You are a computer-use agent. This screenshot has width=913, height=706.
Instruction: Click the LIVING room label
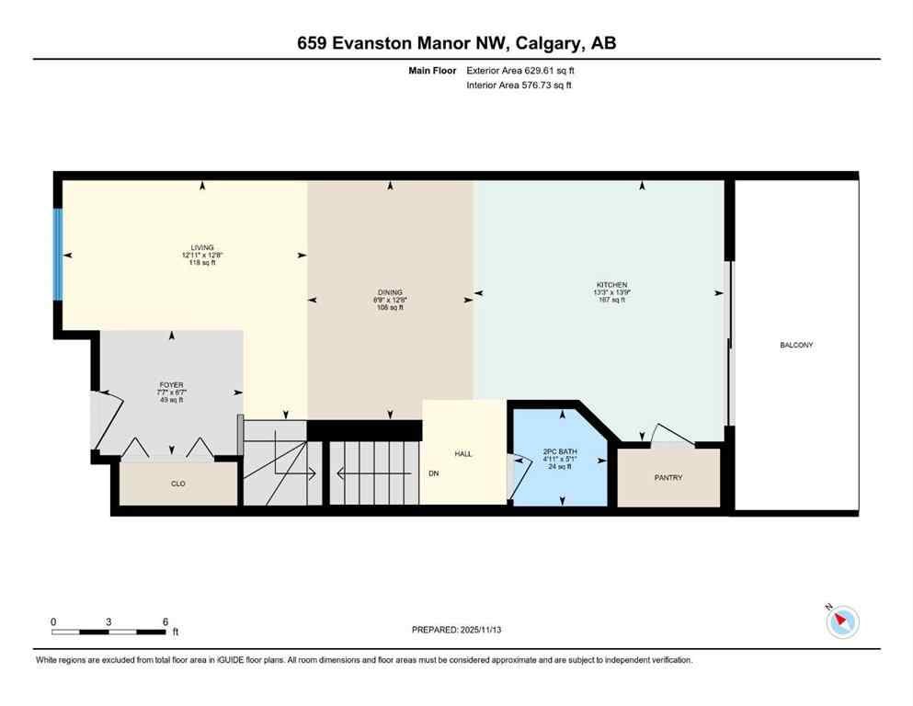(202, 247)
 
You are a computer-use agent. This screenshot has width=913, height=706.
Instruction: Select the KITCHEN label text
(611, 285)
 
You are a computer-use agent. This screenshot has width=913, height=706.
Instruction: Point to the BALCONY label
(796, 346)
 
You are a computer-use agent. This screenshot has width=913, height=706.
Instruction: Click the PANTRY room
(668, 477)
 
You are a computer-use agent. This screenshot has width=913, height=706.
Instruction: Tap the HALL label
(463, 454)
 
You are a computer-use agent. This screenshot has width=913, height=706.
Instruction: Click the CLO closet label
(178, 484)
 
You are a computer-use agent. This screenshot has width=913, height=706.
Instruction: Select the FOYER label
(172, 384)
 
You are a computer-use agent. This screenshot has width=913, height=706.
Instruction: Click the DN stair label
(433, 475)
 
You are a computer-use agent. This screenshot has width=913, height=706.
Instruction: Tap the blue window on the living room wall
(58, 255)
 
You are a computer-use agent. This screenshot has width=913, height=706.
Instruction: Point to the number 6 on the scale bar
(165, 621)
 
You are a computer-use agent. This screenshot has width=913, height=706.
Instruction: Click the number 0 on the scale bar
(53, 621)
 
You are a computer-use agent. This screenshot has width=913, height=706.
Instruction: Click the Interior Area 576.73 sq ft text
(520, 85)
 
